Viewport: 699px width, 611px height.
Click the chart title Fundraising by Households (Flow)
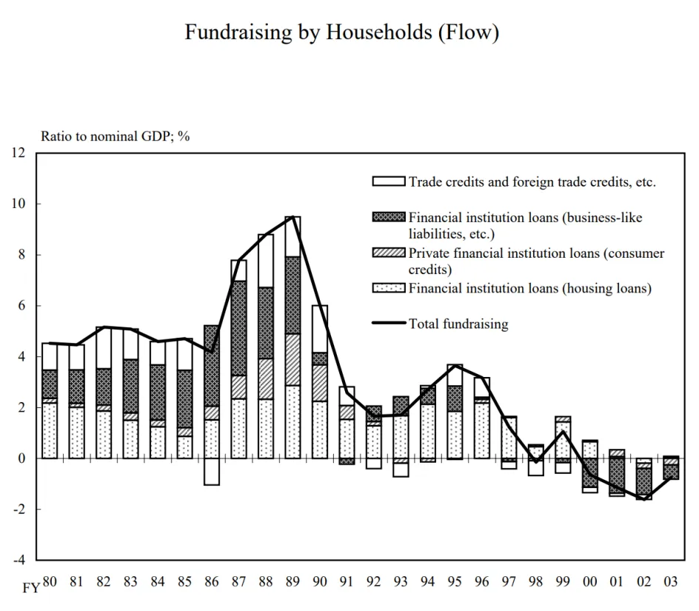click(x=342, y=33)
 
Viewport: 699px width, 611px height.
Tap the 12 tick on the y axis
click(x=19, y=153)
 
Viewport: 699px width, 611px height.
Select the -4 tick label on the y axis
click(x=19, y=560)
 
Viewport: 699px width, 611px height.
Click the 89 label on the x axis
click(x=292, y=581)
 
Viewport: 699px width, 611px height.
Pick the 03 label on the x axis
click(x=670, y=581)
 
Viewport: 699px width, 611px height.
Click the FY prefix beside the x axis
click(x=31, y=588)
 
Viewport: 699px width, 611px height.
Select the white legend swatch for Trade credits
click(x=389, y=181)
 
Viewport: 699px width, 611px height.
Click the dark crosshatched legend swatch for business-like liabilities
click(x=389, y=217)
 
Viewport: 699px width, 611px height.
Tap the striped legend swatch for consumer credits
click(x=389, y=253)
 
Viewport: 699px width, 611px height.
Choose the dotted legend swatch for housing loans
click(x=389, y=287)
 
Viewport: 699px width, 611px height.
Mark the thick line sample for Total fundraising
click(x=389, y=323)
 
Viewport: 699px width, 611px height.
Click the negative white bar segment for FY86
click(x=212, y=472)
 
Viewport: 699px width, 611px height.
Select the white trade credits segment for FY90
click(x=320, y=329)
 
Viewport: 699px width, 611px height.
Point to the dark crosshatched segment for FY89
click(x=292, y=296)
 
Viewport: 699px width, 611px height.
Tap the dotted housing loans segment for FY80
click(x=50, y=430)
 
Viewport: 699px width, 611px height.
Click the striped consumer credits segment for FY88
click(x=266, y=378)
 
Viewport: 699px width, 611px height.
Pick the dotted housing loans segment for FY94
click(x=427, y=431)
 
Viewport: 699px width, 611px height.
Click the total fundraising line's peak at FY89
click(x=292, y=217)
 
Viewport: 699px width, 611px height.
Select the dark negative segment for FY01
click(x=617, y=475)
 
